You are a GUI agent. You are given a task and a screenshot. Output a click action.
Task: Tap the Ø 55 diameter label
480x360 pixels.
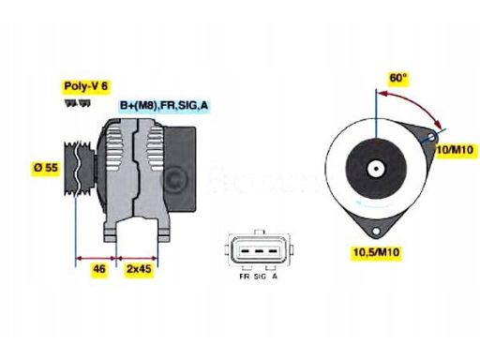pyautogui.click(x=47, y=166)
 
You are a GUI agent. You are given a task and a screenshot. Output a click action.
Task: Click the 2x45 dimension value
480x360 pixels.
pyautogui.click(x=139, y=268)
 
